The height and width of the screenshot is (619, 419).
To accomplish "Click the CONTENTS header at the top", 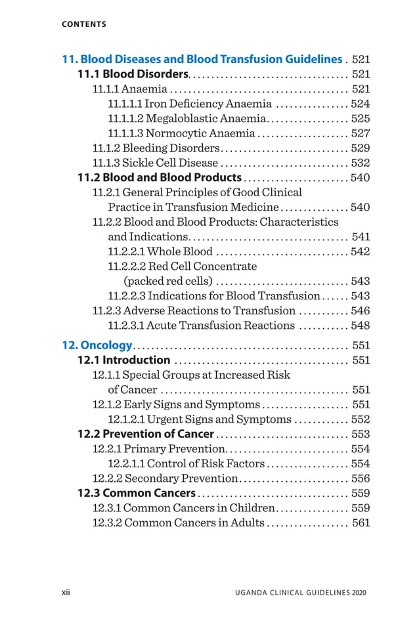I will tap(83, 24).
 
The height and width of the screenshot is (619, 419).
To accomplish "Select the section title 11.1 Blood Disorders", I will tap(133, 74).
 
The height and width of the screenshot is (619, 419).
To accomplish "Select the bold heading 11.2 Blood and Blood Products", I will tap(159, 178).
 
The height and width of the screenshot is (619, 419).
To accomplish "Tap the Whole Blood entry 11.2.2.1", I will tap(160, 251).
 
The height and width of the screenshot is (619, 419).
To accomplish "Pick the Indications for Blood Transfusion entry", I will tap(213, 296).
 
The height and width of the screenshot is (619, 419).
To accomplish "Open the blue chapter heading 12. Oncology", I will tap(97, 345).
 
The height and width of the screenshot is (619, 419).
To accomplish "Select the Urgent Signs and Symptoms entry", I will tap(200, 419).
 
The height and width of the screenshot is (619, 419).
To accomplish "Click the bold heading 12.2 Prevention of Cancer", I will tap(145, 434).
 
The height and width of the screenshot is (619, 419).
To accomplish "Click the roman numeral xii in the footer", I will tap(66, 593).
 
